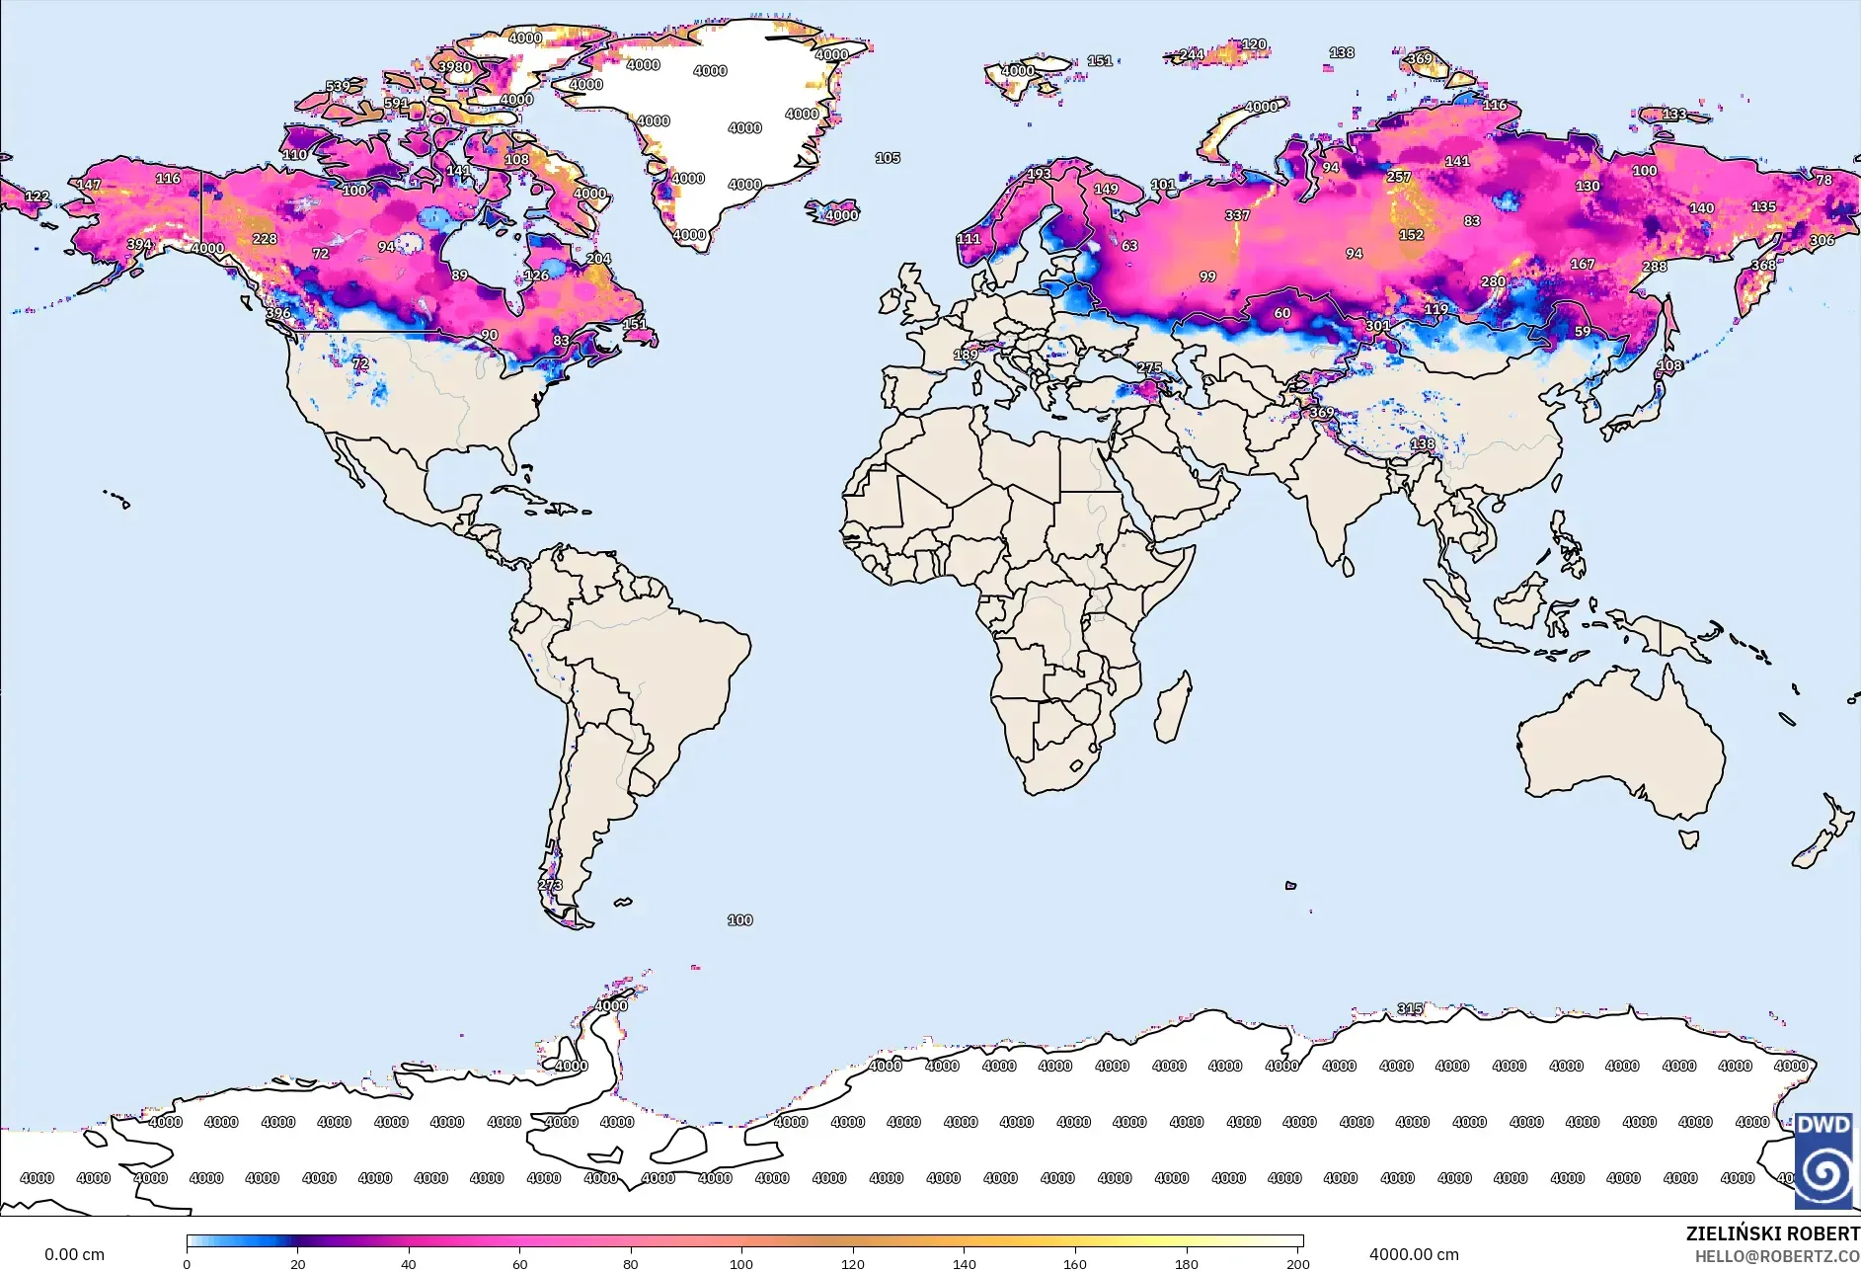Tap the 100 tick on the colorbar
[x=741, y=1262]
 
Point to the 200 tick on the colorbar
[x=1297, y=1262]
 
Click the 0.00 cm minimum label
[x=74, y=1254]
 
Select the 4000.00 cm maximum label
[x=1413, y=1254]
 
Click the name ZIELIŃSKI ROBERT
[x=1771, y=1233]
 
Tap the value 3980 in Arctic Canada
[x=454, y=67]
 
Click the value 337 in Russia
[x=1237, y=215]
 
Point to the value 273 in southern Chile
[x=551, y=885]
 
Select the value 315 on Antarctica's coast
[x=1410, y=1008]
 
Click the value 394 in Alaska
[x=139, y=244]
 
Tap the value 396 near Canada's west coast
[x=278, y=313]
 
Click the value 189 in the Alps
[x=966, y=355]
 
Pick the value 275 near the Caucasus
[x=1149, y=367]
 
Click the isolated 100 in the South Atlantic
[x=739, y=919]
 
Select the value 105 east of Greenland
[x=887, y=158]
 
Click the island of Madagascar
[x=1173, y=707]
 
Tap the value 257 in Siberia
[x=1398, y=177]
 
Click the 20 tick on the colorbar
[x=297, y=1262]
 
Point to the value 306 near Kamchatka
[x=1822, y=240]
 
